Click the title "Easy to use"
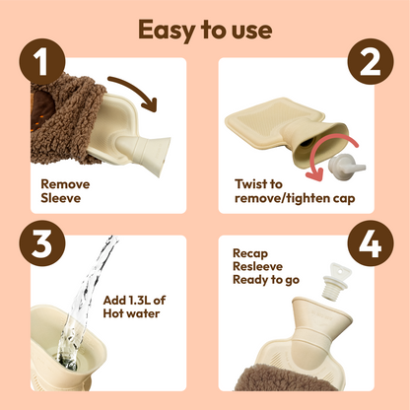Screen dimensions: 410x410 click(205, 29)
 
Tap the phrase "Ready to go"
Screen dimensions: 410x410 click(267, 281)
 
